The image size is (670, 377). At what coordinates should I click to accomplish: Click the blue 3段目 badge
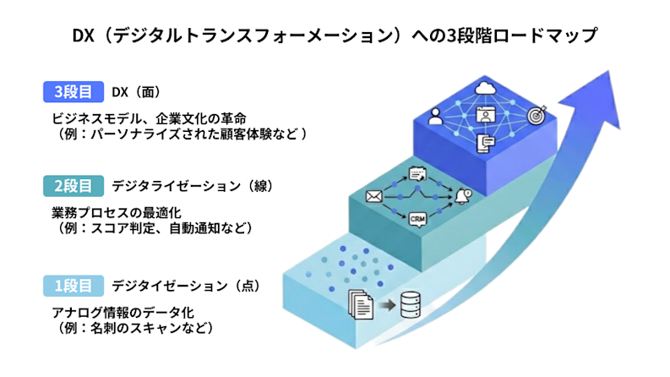click(x=74, y=91)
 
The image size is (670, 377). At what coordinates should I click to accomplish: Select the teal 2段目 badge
click(x=74, y=185)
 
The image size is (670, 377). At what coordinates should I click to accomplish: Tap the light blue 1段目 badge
click(x=74, y=286)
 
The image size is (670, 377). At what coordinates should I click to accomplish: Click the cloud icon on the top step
click(x=485, y=87)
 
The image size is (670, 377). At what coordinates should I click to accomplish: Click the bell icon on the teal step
click(x=462, y=196)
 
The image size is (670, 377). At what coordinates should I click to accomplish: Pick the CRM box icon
click(x=417, y=220)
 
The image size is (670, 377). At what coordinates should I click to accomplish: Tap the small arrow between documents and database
click(x=386, y=303)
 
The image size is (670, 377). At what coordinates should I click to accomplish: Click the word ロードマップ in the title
click(x=548, y=36)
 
